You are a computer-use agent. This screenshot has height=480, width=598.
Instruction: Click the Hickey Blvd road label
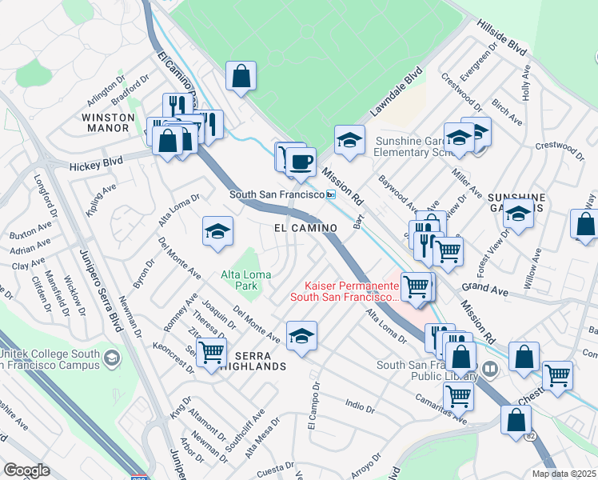pos(96,162)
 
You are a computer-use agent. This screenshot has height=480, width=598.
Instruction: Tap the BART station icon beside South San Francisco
pos(330,195)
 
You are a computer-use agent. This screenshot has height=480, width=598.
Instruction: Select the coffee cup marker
pos(301,162)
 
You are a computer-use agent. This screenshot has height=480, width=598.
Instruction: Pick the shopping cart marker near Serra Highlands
pos(211,351)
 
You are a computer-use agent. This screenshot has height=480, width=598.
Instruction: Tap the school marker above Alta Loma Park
pos(217,232)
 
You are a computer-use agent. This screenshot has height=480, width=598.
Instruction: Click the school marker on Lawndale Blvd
pos(349,140)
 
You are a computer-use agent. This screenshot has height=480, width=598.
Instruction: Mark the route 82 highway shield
pos(531,437)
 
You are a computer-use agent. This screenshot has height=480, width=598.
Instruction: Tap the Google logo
pos(27,470)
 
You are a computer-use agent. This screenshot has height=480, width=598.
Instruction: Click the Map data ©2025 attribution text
pos(563,474)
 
